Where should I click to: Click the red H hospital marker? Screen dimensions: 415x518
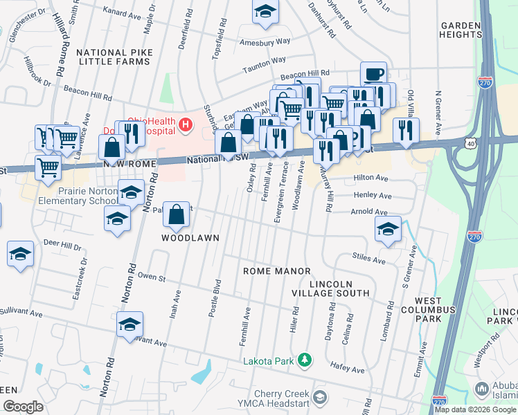185,124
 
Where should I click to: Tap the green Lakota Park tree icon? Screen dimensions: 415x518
303,360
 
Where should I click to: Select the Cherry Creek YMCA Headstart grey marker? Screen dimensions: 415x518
319,396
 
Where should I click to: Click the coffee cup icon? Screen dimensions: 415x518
373,73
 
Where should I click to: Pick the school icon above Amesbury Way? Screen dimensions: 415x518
265,12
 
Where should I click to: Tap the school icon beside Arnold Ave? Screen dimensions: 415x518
388,228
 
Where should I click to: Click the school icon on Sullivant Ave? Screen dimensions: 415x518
129,324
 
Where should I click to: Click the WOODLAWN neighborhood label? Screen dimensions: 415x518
190,238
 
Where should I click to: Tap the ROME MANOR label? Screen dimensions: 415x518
277,271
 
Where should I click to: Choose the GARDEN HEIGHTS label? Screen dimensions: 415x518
461,30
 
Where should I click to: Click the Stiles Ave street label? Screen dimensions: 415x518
368,259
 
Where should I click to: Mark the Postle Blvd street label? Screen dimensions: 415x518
215,299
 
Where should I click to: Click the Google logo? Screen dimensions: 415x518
23,407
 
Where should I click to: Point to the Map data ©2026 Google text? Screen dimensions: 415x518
475,409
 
